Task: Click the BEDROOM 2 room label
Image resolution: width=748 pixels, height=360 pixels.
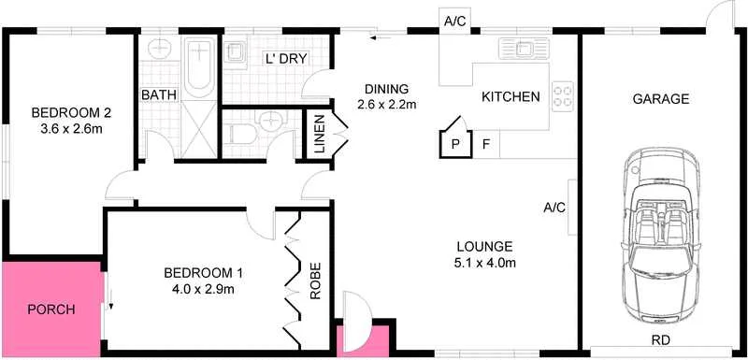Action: [x=71, y=113]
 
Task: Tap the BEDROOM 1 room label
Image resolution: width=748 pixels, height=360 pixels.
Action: [x=203, y=273]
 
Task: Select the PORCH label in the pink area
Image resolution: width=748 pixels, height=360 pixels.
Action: [x=51, y=310]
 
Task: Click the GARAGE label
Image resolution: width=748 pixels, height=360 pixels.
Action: [x=660, y=98]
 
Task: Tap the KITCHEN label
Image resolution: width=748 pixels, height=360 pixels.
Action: [x=510, y=96]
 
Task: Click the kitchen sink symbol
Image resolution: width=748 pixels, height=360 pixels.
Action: [x=516, y=48]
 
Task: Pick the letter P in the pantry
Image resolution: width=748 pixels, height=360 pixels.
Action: [x=455, y=144]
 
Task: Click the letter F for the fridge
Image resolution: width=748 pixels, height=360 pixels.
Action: [x=485, y=144]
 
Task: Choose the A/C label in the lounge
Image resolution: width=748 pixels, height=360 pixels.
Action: [x=554, y=207]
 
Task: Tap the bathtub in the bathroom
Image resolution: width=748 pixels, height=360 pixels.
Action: [x=197, y=68]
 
